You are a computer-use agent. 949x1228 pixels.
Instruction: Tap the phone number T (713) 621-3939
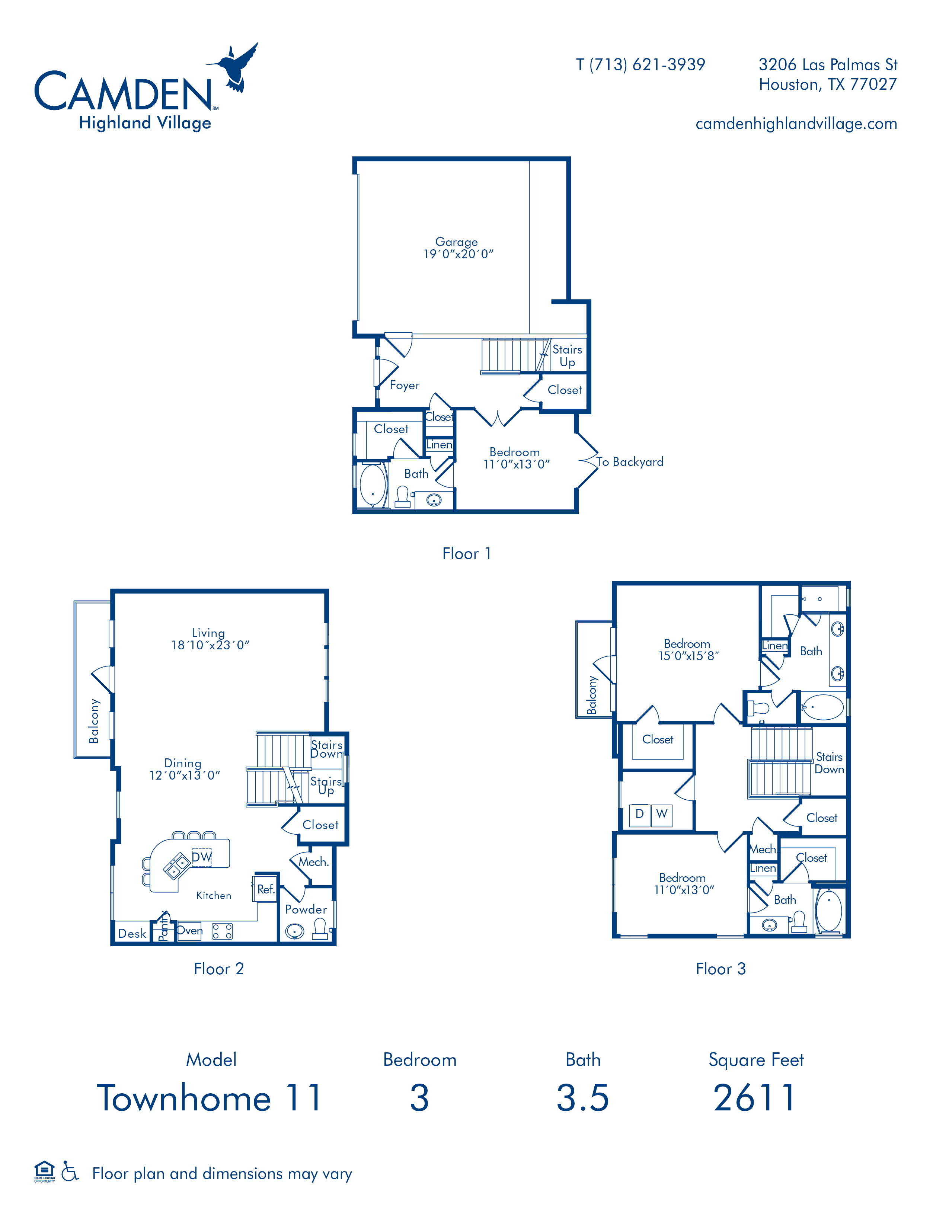[640, 65]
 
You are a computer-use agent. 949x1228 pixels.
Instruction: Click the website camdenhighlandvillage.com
[796, 124]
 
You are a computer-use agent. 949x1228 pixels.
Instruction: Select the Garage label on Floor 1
[457, 242]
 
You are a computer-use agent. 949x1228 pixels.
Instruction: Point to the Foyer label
[404, 385]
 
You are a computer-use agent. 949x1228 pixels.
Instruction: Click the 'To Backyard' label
[630, 462]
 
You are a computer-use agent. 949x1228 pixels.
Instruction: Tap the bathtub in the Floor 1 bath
[373, 485]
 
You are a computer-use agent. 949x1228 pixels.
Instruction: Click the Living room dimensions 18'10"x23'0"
[210, 645]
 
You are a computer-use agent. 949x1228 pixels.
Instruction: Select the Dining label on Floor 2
[183, 763]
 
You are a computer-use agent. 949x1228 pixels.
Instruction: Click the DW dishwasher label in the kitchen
[202, 857]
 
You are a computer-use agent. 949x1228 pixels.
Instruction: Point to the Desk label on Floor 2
[132, 933]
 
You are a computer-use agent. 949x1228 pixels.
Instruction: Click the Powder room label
[306, 909]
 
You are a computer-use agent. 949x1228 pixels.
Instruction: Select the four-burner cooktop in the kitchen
[222, 931]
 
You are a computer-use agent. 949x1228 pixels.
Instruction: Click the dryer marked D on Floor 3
[639, 813]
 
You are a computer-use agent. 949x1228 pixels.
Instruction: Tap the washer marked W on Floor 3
[662, 813]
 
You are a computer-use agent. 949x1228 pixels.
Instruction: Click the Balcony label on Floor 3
[591, 695]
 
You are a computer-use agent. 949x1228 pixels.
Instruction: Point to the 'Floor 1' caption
[467, 553]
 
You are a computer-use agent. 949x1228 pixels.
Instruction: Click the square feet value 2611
[754, 1098]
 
